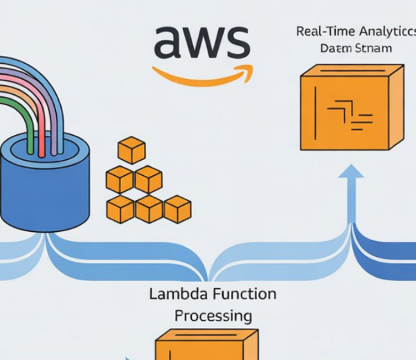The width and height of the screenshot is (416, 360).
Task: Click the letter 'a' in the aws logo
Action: pyautogui.click(x=169, y=43)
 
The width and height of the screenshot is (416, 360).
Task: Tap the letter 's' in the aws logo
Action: pyautogui.click(x=235, y=43)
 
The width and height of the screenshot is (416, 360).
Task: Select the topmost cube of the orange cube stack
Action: pyautogui.click(x=132, y=150)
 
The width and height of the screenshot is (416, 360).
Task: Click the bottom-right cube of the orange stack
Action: pyautogui.click(x=177, y=208)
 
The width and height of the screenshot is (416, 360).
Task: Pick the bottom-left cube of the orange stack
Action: pyautogui.click(x=120, y=208)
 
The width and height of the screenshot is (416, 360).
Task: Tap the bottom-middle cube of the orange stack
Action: pyautogui.click(x=149, y=208)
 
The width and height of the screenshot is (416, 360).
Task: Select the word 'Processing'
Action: pyautogui.click(x=212, y=316)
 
